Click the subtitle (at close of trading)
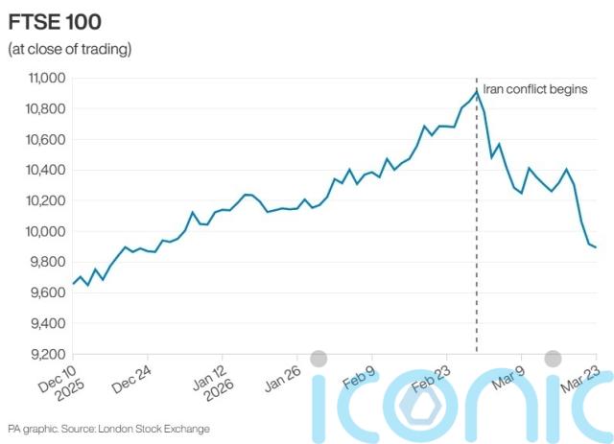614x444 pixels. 69,48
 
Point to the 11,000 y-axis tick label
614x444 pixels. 38,79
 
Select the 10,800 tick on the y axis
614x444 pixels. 38,109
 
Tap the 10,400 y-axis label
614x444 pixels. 38,171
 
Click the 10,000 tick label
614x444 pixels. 38,232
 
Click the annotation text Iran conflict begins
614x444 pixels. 533,88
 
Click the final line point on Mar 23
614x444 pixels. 596,247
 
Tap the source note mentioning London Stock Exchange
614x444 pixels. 107,429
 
